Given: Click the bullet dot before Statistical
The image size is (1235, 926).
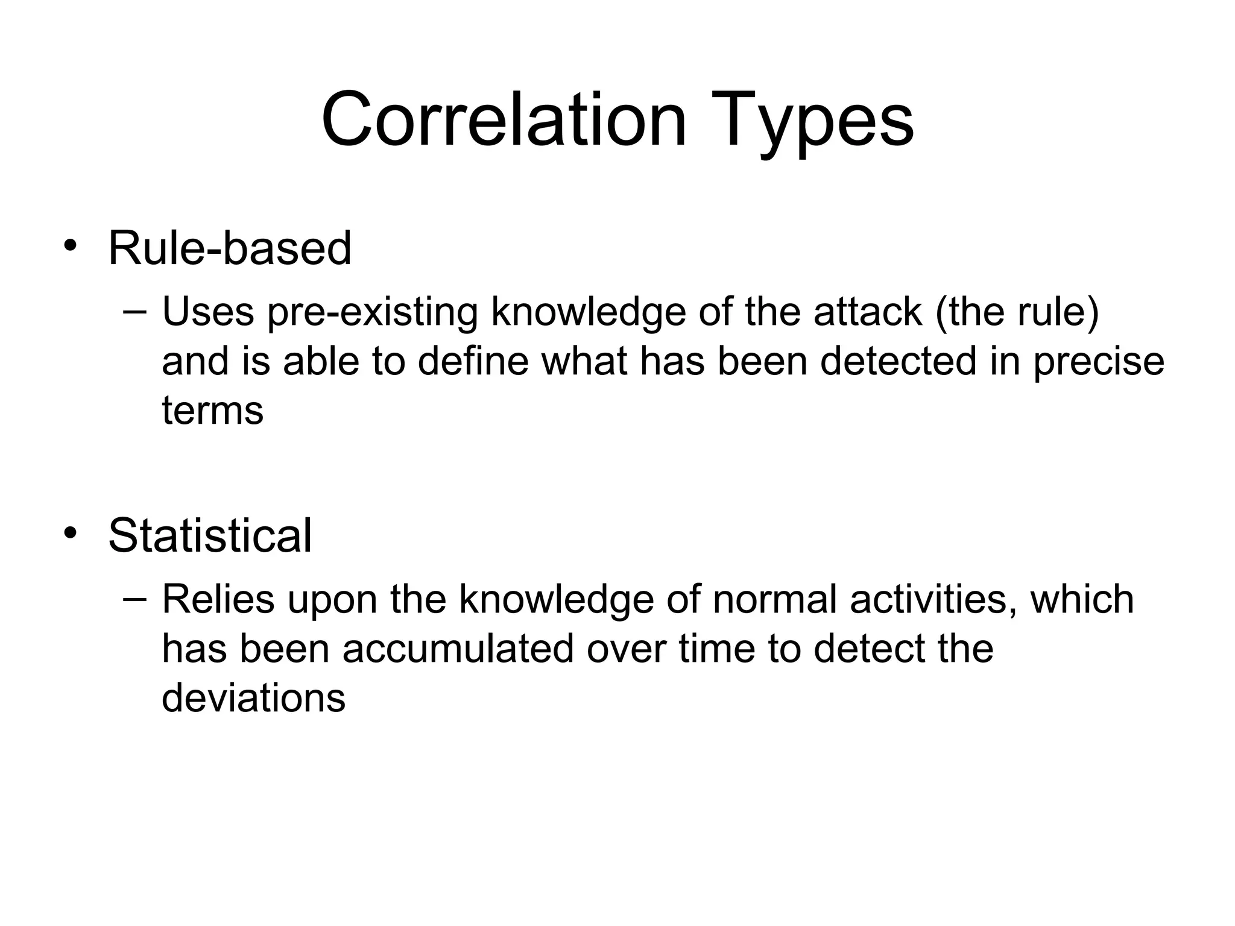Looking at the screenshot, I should (71, 533).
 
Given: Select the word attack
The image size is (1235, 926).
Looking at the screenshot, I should (868, 312).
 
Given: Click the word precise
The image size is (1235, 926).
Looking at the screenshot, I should (1099, 362).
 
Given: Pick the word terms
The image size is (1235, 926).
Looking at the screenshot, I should (213, 411).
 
